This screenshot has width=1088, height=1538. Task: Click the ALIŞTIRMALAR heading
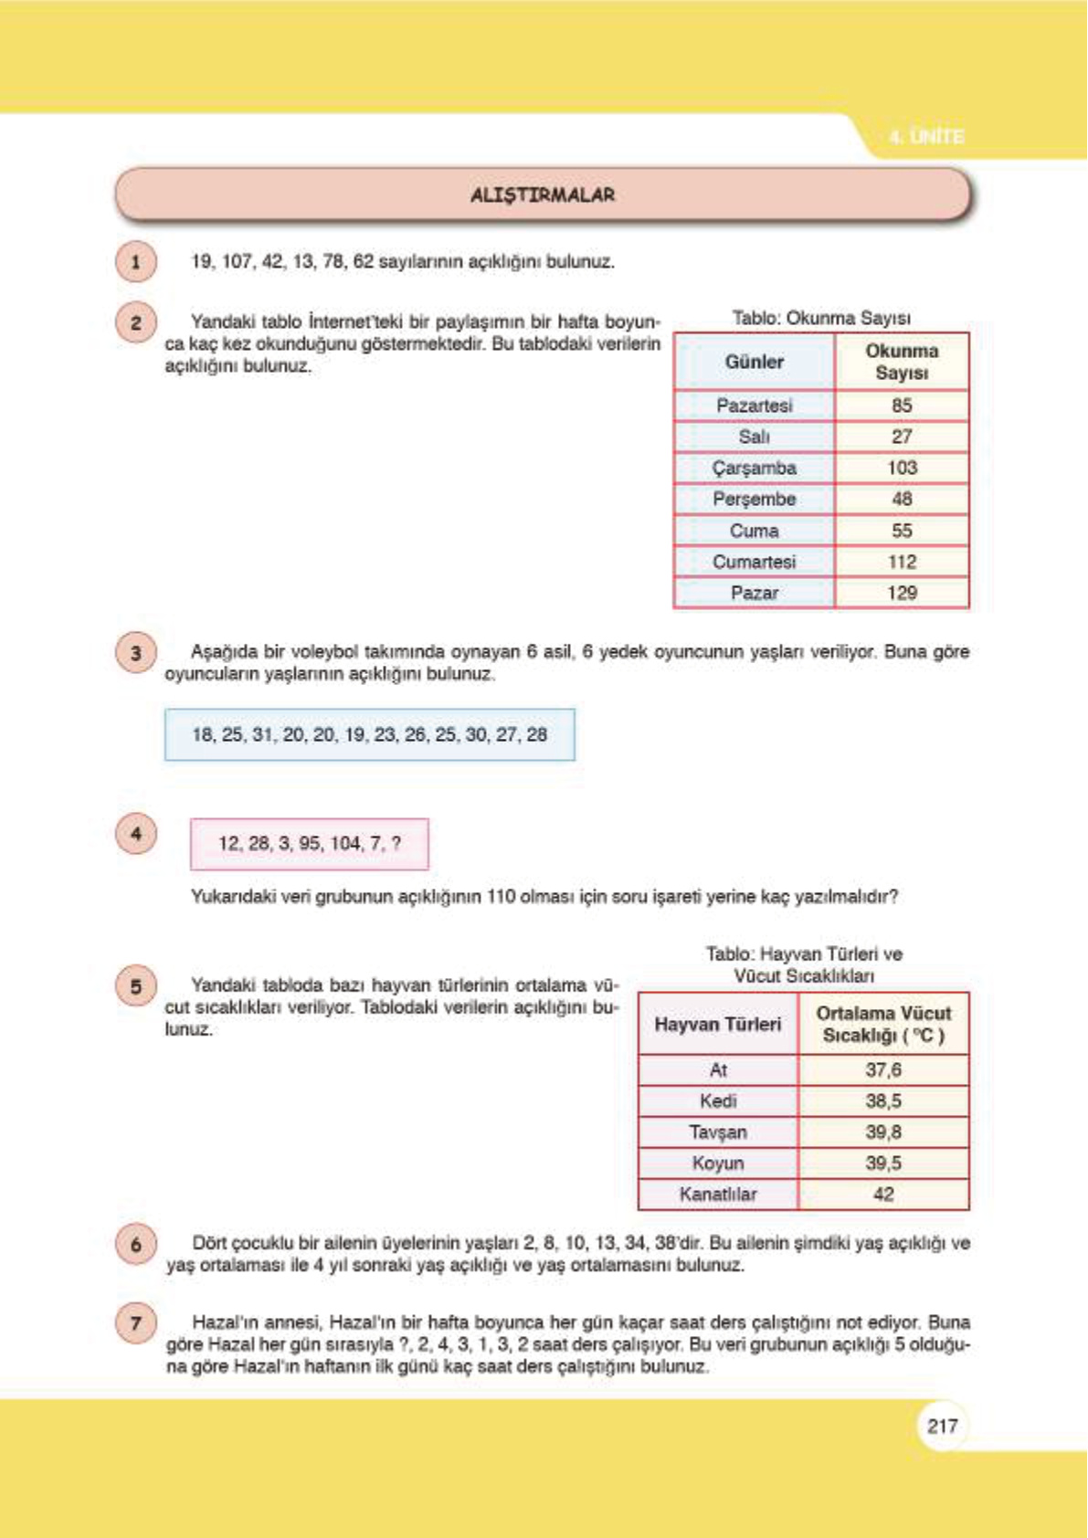(x=543, y=195)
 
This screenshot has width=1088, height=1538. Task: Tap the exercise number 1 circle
(x=136, y=263)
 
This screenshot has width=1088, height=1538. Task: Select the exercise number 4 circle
(x=136, y=834)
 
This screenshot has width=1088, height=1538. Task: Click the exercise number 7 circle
(x=136, y=1322)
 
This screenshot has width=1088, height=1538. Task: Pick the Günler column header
(x=754, y=362)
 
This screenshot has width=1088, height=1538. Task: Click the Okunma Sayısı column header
(x=902, y=362)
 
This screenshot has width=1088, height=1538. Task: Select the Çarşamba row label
(x=754, y=468)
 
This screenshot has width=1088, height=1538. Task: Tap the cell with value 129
(x=902, y=593)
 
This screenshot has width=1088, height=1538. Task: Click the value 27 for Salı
(x=902, y=437)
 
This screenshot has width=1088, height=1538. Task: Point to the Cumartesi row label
(x=754, y=562)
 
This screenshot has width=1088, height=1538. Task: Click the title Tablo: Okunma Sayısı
(x=820, y=318)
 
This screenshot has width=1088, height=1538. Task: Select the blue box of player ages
(x=369, y=734)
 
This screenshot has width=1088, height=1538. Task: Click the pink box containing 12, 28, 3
(x=309, y=843)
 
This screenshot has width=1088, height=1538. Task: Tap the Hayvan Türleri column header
(x=717, y=1025)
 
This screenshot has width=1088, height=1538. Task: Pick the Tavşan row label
(x=717, y=1132)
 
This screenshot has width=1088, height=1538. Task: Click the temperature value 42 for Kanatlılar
(x=883, y=1195)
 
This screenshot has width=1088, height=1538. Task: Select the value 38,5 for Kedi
(x=883, y=1101)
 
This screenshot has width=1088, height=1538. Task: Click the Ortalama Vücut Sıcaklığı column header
(x=883, y=1025)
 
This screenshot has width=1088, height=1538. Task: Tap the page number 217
(x=942, y=1426)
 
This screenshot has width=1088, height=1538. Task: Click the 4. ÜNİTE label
(x=926, y=137)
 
